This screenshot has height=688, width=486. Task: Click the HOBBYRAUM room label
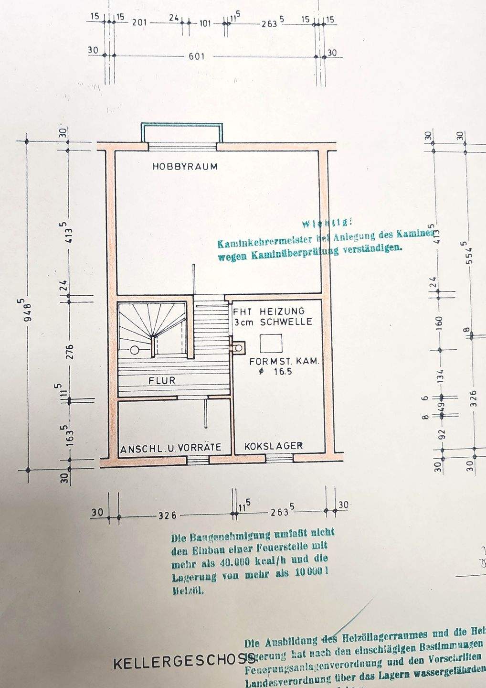[x=185, y=167]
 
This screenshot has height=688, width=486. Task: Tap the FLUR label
[x=162, y=381]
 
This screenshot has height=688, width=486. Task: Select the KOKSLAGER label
[x=273, y=446]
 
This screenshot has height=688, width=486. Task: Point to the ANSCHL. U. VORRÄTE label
[x=171, y=448]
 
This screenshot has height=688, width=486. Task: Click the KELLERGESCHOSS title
[x=184, y=664]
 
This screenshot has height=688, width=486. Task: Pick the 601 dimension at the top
[x=196, y=56]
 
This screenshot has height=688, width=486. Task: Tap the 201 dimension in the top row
[x=140, y=22]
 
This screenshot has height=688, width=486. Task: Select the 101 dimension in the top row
[x=205, y=22]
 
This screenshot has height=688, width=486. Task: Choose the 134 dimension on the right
[x=440, y=376]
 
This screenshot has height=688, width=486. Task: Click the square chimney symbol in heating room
[x=271, y=344]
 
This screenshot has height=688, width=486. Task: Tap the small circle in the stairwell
[x=135, y=350]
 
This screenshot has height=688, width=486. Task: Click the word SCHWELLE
[x=286, y=322]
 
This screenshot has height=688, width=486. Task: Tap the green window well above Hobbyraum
[x=182, y=126]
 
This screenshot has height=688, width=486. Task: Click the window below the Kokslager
[x=279, y=459]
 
